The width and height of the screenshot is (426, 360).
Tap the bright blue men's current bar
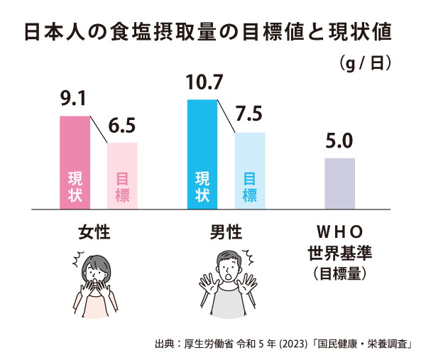click(x=202, y=154)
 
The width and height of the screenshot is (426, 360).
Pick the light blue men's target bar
click(x=250, y=170)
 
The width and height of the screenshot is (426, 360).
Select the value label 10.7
click(x=204, y=84)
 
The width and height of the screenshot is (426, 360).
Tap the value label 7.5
click(x=249, y=114)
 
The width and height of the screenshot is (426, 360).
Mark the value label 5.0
click(x=339, y=141)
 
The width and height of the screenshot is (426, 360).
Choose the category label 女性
click(x=94, y=232)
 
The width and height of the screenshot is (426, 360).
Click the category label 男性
click(x=226, y=232)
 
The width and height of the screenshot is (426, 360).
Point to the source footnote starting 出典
click(x=284, y=344)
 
